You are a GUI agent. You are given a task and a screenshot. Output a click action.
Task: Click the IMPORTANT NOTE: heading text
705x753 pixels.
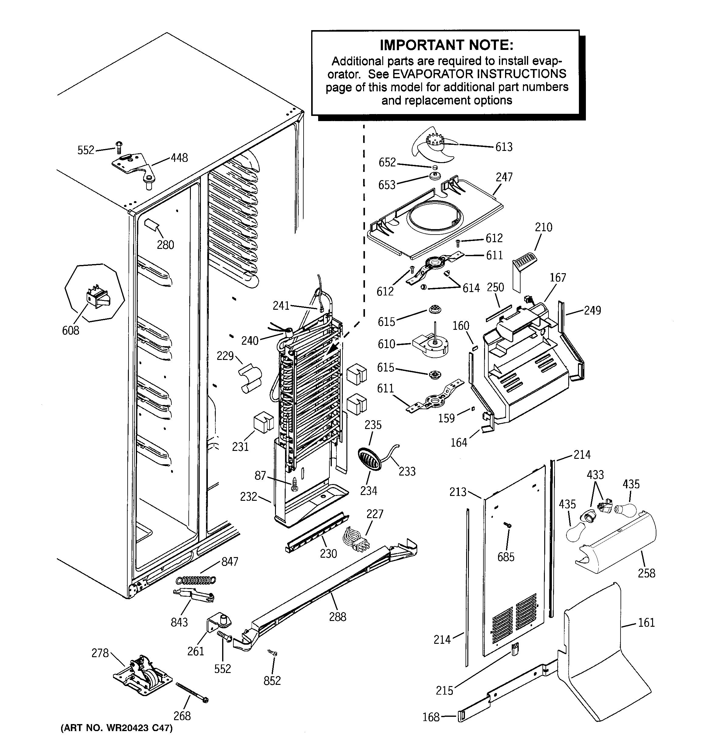point(446,45)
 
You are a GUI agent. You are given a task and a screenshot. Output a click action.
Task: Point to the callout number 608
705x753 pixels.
point(71,330)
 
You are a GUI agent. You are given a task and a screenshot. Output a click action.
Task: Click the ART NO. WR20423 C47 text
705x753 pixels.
point(117,729)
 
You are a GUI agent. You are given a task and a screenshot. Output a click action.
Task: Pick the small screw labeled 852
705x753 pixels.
point(273,652)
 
